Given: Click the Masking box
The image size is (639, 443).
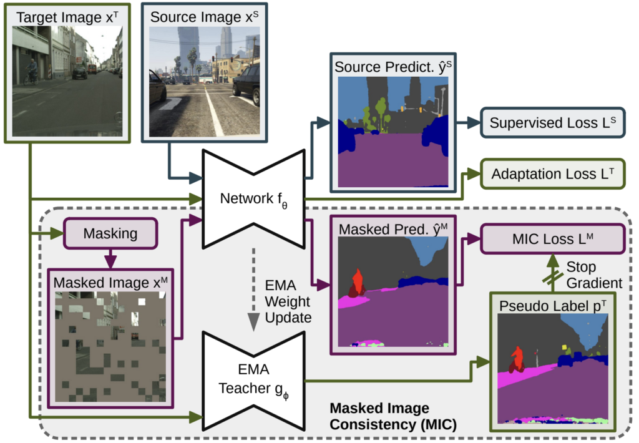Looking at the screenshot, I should point(110,234).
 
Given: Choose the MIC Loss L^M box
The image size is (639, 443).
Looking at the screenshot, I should point(552,240).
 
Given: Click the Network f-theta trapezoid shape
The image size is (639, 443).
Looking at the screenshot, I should point(253,200).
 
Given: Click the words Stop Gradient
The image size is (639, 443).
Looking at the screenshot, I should point(593,275).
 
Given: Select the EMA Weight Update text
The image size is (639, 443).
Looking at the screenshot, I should point(287,301).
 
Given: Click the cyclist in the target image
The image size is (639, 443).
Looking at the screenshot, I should point(31,72).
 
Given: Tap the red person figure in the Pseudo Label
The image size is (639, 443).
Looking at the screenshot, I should point(516,360).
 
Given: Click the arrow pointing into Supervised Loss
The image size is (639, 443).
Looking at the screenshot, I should point(468,122).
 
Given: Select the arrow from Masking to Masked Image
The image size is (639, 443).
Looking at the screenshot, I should point(110,257).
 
